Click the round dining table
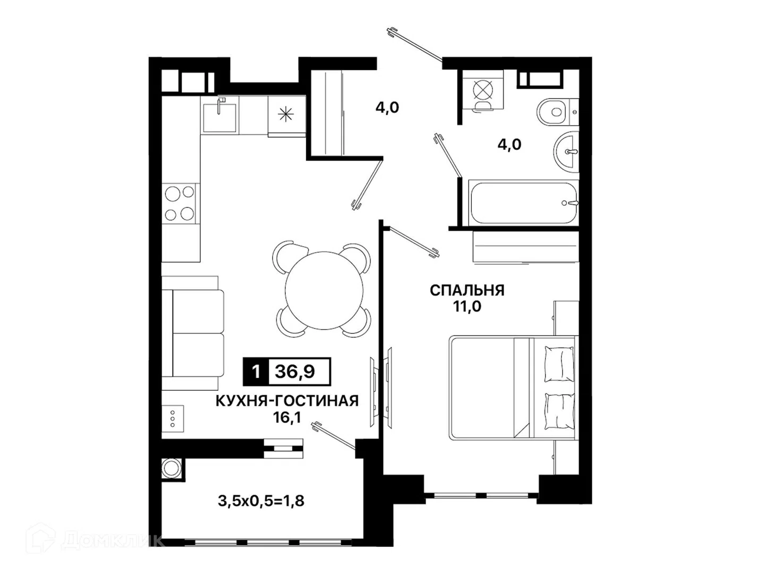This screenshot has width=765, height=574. [x=324, y=290]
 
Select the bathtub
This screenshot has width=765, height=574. [x=523, y=202]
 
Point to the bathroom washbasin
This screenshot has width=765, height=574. [x=566, y=152]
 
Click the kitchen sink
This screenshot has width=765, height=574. [x=220, y=117]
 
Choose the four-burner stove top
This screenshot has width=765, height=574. [x=180, y=203]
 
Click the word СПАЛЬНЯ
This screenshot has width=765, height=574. [x=467, y=290]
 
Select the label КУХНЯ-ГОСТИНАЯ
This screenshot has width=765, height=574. [x=287, y=401]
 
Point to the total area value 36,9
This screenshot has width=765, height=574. [x=295, y=372]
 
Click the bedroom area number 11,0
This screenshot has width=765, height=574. [x=467, y=306]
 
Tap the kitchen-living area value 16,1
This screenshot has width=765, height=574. [x=287, y=417]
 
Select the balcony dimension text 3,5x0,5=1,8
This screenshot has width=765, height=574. [x=261, y=501]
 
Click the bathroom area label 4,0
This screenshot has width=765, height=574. [x=509, y=144]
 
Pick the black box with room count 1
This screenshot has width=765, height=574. [x=256, y=372]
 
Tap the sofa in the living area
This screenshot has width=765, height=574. [x=193, y=333]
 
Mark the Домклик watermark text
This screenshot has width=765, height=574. [x=112, y=541]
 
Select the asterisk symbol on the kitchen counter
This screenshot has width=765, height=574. [x=286, y=114]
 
